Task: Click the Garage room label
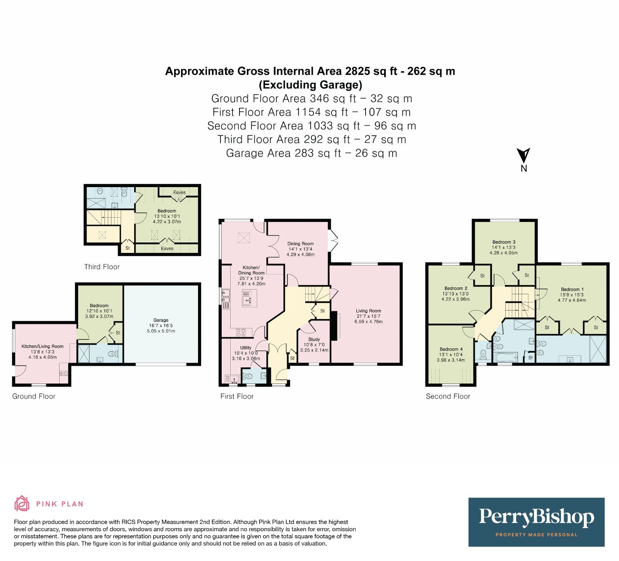[x=161, y=320]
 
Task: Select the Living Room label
[x=368, y=311]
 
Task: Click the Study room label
[x=314, y=339]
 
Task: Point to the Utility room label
[x=246, y=348]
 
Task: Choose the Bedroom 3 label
[x=503, y=242]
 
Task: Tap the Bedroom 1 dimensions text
[x=571, y=297]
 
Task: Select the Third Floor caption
[x=102, y=267]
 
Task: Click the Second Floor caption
[x=448, y=396]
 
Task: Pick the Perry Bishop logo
[x=536, y=522]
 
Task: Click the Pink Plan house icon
[x=22, y=503]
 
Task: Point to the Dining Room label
[x=300, y=244]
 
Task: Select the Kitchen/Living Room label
[x=42, y=346]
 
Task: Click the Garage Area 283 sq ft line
[x=311, y=153]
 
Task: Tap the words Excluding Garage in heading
[x=310, y=85]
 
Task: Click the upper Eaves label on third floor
[x=179, y=192]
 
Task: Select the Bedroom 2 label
[x=456, y=288]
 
